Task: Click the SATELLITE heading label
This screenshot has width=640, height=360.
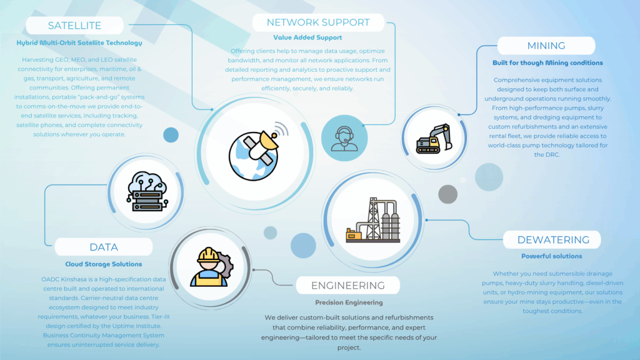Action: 74,26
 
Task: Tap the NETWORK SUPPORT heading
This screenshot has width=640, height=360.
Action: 318,22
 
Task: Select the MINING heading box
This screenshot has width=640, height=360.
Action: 546,46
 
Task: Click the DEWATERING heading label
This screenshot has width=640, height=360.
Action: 552,240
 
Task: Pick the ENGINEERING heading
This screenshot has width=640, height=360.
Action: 348,286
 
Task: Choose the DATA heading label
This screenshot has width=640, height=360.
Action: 104,247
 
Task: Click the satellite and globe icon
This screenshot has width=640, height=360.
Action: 256,148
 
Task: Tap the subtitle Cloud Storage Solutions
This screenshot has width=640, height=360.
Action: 104,264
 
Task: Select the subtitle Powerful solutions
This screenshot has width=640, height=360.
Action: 552,256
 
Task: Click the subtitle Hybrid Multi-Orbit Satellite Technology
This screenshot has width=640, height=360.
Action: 79,43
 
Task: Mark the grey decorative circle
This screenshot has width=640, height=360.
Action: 448,194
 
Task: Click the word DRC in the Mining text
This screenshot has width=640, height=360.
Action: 543,154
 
